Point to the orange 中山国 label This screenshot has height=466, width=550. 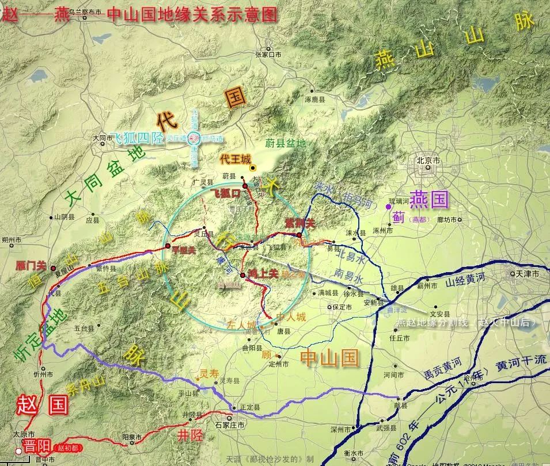pyautogui.click(x=330, y=358)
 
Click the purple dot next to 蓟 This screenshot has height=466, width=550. pyautogui.click(x=388, y=206)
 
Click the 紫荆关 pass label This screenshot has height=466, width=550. pyautogui.click(x=301, y=223)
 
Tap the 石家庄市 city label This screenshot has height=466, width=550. pyautogui.click(x=230, y=425)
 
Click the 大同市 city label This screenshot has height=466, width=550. pyautogui.click(x=102, y=138)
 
